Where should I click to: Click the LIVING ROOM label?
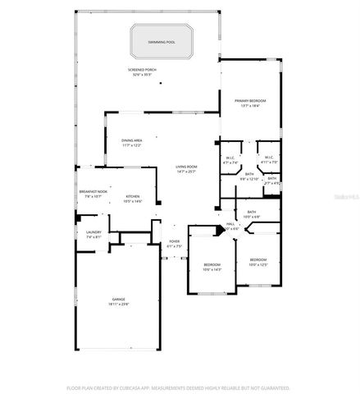click(187, 168)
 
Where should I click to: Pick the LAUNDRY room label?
click(93, 234)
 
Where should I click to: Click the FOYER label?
click(175, 243)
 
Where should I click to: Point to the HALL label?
click(230, 224)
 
